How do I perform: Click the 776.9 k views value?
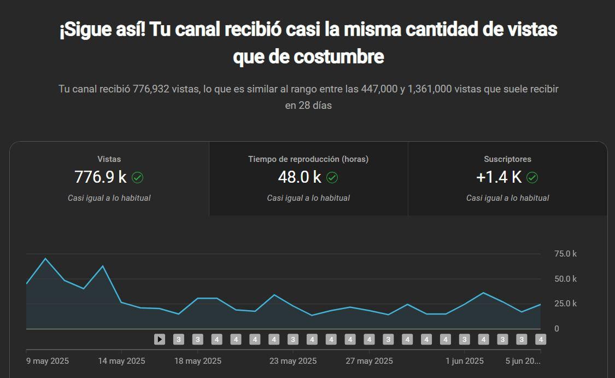101,177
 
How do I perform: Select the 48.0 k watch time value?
300,177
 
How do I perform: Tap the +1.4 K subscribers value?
499,177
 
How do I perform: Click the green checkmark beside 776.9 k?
138,177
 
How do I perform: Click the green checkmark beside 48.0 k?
332,177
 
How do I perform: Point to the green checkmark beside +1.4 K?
532,177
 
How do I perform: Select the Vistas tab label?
109,159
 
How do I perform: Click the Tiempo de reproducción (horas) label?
308,159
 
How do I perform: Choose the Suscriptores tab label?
507,159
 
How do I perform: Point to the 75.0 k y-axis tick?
565,254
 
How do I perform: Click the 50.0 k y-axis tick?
565,279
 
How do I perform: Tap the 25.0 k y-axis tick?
565,304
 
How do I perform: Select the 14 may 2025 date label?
121,361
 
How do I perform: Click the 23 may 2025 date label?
293,361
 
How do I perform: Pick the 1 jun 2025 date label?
465,361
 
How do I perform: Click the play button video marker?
160,339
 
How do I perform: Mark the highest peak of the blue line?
45,258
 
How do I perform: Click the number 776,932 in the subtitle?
151,89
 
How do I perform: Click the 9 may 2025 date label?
48,361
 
